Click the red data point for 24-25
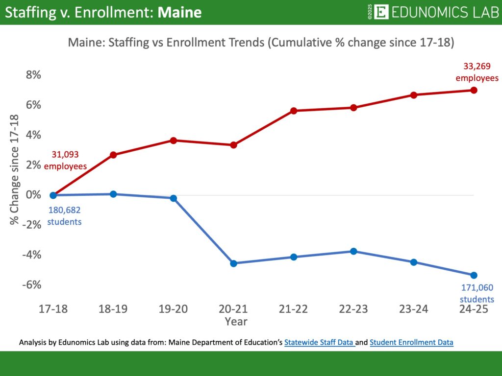point(474,90)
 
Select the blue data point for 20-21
point(233,263)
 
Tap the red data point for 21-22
point(294,111)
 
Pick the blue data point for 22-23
point(353,251)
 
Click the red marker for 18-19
point(113,155)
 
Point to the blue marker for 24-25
point(474,275)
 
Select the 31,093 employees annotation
point(65,160)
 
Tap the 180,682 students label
point(64,215)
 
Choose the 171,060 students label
point(477,293)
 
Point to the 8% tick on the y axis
point(33,75)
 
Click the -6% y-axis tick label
point(31,284)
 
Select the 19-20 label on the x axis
point(173,309)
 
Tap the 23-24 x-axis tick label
point(413,309)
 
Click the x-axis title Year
point(236,322)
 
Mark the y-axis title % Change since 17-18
point(14,170)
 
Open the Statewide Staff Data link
point(319,343)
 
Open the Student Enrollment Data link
point(411,343)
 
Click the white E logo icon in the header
point(381,12)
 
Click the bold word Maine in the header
point(179,12)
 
